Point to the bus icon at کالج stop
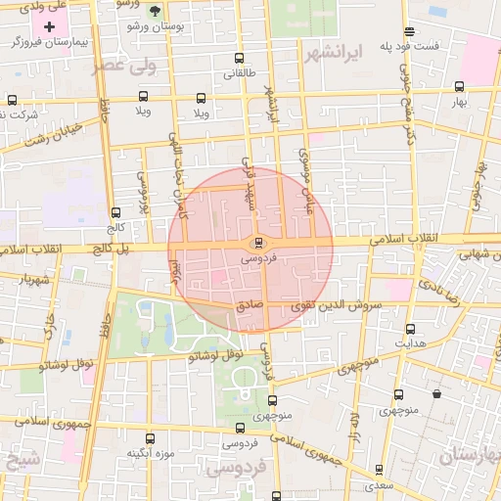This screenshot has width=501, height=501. point(116,212)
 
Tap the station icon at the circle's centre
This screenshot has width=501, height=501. point(258,242)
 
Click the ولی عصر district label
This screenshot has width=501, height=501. point(125,65)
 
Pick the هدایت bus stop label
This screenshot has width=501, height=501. point(409,344)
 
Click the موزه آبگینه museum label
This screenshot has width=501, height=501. point(150,454)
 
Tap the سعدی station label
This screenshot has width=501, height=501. point(377,485)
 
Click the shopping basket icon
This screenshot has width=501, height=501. point(435,393)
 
